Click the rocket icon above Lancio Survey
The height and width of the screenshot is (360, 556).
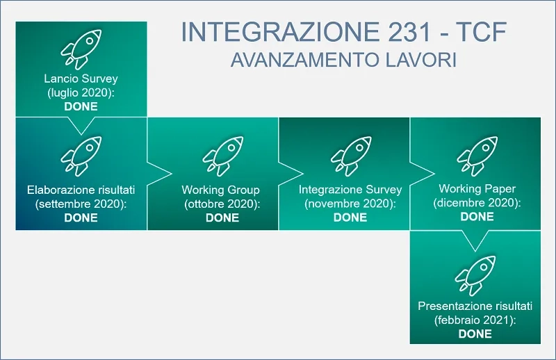pyautogui.click(x=81, y=49)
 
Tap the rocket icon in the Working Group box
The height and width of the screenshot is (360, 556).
pyautogui.click(x=223, y=156)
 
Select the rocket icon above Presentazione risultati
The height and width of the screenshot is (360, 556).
pyautogui.click(x=475, y=276)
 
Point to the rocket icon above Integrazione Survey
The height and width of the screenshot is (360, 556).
pyautogui.click(x=351, y=156)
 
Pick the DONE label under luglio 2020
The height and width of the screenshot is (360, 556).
pyautogui.click(x=81, y=106)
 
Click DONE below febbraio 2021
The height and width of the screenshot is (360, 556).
pyautogui.click(x=475, y=334)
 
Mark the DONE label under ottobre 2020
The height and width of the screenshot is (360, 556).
pyautogui.click(x=222, y=218)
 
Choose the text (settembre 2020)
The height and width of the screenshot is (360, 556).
pyautogui.click(x=81, y=204)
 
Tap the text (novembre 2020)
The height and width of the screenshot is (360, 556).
pyautogui.click(x=350, y=204)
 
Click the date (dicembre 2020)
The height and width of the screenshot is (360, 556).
pyautogui.click(x=477, y=202)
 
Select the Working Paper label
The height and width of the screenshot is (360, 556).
pyautogui.click(x=477, y=189)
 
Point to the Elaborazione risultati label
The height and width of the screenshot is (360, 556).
pyautogui.click(x=81, y=190)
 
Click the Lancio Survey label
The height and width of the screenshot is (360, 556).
pyautogui.click(x=81, y=79)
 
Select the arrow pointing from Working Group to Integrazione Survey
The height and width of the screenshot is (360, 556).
pyautogui.click(x=291, y=174)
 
